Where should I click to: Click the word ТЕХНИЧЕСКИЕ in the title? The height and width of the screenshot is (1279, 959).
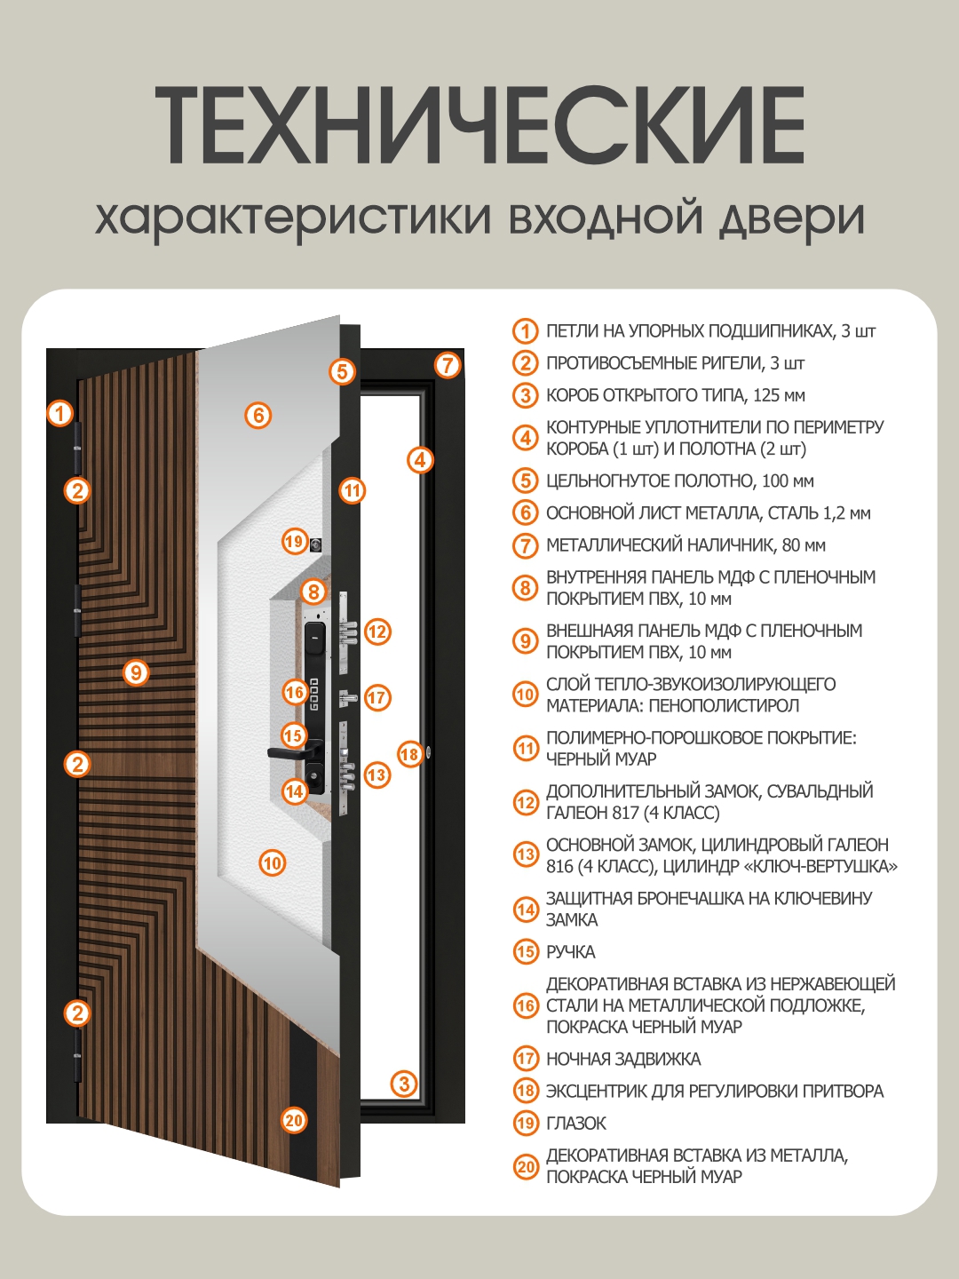[479, 125]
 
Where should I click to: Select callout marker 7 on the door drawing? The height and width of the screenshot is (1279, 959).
[448, 364]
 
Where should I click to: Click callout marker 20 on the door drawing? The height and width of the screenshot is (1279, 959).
[294, 1120]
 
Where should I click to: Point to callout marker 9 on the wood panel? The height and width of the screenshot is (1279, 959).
[135, 672]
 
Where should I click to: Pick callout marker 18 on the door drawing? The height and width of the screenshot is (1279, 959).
[409, 754]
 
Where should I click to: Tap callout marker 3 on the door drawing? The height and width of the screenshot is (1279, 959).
[404, 1083]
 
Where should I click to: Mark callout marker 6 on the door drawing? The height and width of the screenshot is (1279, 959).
[258, 415]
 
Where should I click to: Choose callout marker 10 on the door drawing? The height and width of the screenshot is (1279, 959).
[272, 862]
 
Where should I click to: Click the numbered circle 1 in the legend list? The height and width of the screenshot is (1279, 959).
[526, 331]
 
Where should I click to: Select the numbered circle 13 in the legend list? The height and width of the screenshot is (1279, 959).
[526, 855]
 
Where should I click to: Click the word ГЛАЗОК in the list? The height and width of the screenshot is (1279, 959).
[576, 1124]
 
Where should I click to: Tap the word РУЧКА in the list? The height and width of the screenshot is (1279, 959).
[570, 952]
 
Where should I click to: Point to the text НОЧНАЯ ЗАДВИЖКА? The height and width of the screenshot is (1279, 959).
[623, 1059]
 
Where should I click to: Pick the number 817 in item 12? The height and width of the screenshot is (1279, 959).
[625, 813]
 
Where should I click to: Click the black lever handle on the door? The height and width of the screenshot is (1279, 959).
[289, 753]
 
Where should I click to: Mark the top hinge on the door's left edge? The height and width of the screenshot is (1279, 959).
[77, 449]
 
